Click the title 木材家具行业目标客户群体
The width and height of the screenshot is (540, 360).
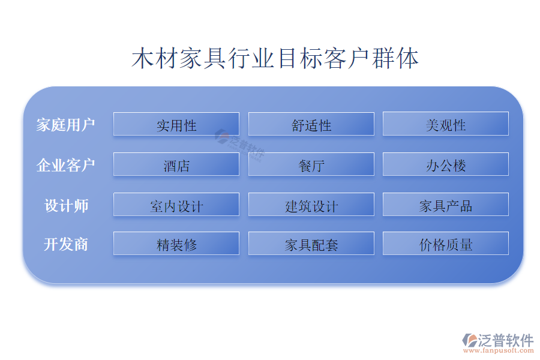pos(275,58)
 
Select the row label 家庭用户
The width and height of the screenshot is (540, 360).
pos(65,125)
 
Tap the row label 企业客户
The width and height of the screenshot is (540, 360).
pos(65,165)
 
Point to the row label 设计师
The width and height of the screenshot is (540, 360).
pos(66,206)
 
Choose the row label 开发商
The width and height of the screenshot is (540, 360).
pos(66,244)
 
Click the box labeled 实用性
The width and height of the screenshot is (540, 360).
pos(176,124)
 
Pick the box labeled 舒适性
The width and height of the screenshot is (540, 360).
pos(311,124)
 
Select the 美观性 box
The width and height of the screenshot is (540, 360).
pos(446,124)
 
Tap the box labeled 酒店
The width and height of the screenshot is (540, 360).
pos(176,164)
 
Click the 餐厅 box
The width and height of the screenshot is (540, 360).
pos(311,164)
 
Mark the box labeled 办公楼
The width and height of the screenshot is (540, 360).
pos(446,164)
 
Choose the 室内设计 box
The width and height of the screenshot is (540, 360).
pos(176,204)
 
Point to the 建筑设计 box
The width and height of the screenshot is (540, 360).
pos(311,204)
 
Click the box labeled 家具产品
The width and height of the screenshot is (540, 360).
pos(446,204)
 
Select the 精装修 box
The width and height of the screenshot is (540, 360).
pos(176,243)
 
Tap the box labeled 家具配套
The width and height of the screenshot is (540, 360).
pos(311,243)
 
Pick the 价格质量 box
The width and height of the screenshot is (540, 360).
pos(446,243)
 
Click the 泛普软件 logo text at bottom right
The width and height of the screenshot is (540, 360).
pos(506,340)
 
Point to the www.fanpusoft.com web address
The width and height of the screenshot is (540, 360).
pos(499,350)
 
